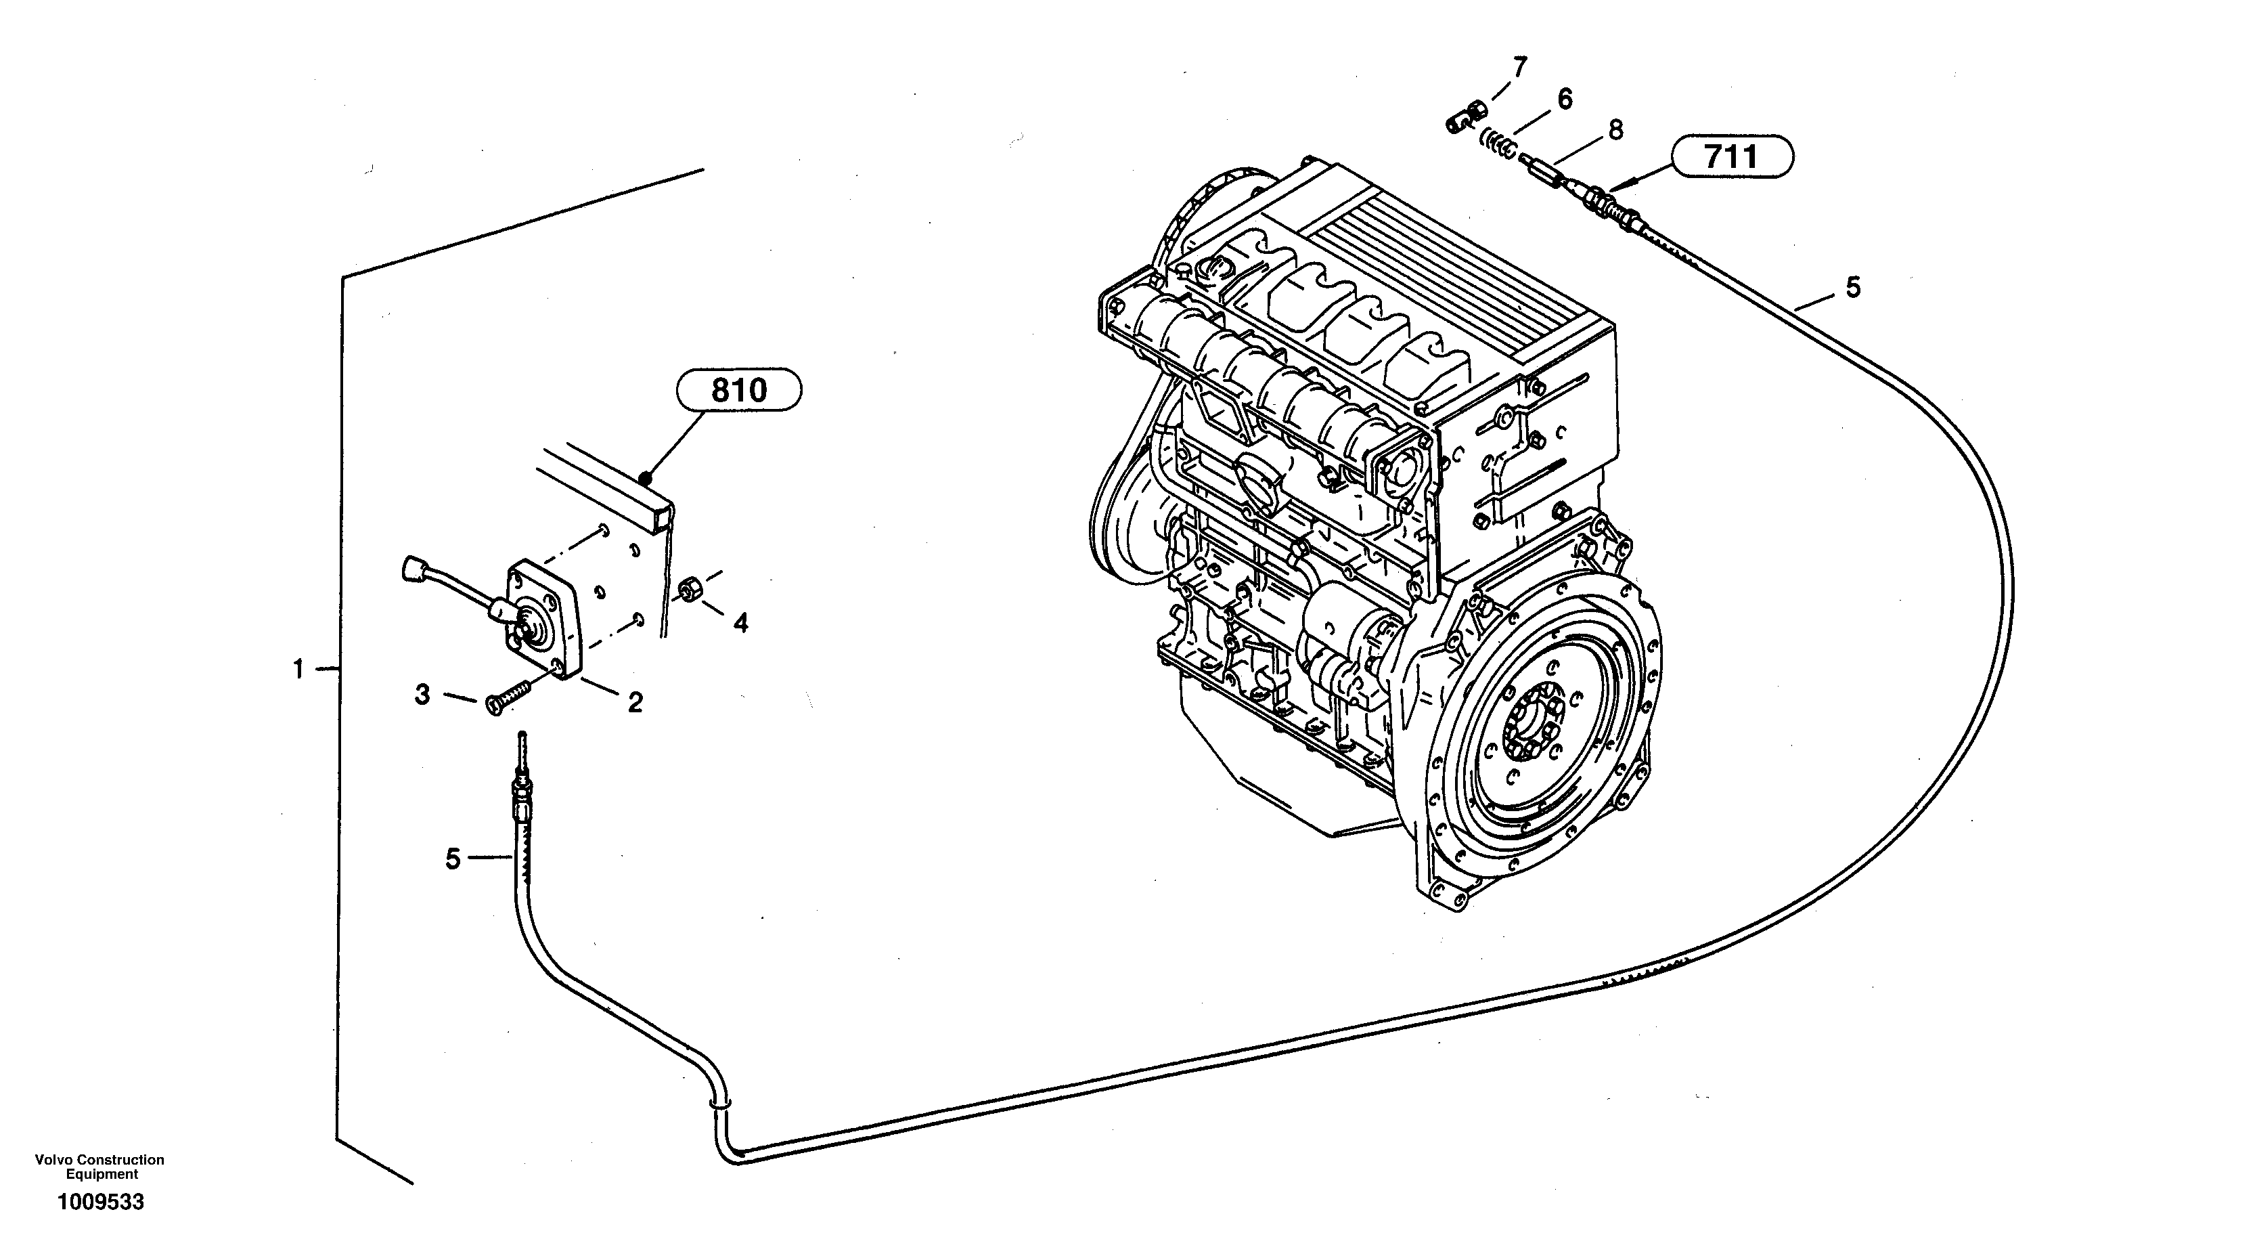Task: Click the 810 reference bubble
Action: click(738, 391)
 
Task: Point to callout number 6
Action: click(1565, 98)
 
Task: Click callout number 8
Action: click(1615, 130)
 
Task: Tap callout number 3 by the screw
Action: click(422, 695)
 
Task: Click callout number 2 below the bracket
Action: click(635, 701)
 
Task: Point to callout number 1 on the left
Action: click(298, 670)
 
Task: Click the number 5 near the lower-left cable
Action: click(452, 859)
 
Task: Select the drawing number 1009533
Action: click(101, 1202)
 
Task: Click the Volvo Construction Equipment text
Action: click(100, 1167)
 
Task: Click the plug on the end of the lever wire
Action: click(411, 571)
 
